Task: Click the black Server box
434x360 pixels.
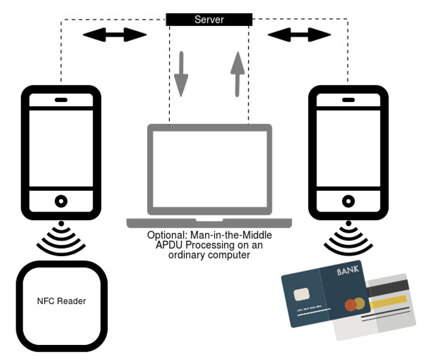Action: pyautogui.click(x=209, y=20)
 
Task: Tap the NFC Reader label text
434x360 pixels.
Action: pyautogui.click(x=62, y=301)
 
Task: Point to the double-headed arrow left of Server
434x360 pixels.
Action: pyautogui.click(x=114, y=35)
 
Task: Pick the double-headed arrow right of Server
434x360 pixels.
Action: pyautogui.click(x=299, y=35)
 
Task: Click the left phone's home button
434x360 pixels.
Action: pyautogui.click(x=61, y=201)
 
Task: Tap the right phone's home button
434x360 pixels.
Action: pyautogui.click(x=347, y=201)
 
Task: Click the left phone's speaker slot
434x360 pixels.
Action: pyautogui.click(x=61, y=99)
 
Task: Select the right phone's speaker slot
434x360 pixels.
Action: pyautogui.click(x=347, y=99)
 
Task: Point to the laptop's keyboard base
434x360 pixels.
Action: pyautogui.click(x=209, y=223)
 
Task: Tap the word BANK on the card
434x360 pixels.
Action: pyautogui.click(x=350, y=272)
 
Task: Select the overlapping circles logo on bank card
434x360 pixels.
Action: pyautogui.click(x=355, y=305)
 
